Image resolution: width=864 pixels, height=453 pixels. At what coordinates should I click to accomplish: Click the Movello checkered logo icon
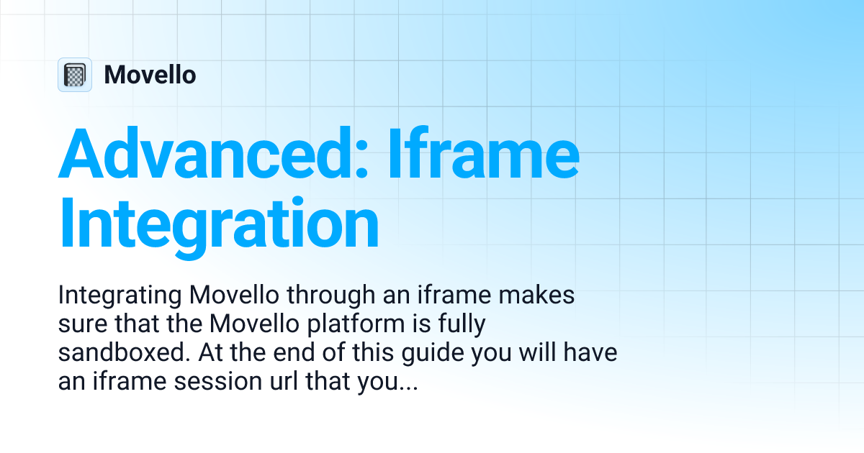(x=75, y=75)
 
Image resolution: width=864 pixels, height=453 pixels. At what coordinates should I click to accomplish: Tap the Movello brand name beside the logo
(x=150, y=75)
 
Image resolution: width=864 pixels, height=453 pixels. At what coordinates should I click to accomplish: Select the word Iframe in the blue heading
(x=483, y=153)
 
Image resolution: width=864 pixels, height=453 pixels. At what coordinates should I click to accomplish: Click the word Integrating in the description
(x=120, y=296)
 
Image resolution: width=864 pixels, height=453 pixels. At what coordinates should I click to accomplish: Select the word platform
(x=356, y=324)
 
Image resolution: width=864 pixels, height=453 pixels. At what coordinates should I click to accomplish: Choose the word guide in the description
(x=433, y=353)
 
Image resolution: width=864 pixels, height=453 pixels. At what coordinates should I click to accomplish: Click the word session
(x=217, y=381)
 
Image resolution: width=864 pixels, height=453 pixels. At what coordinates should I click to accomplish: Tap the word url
(x=284, y=381)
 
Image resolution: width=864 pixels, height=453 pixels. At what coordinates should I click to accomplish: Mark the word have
(x=590, y=352)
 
